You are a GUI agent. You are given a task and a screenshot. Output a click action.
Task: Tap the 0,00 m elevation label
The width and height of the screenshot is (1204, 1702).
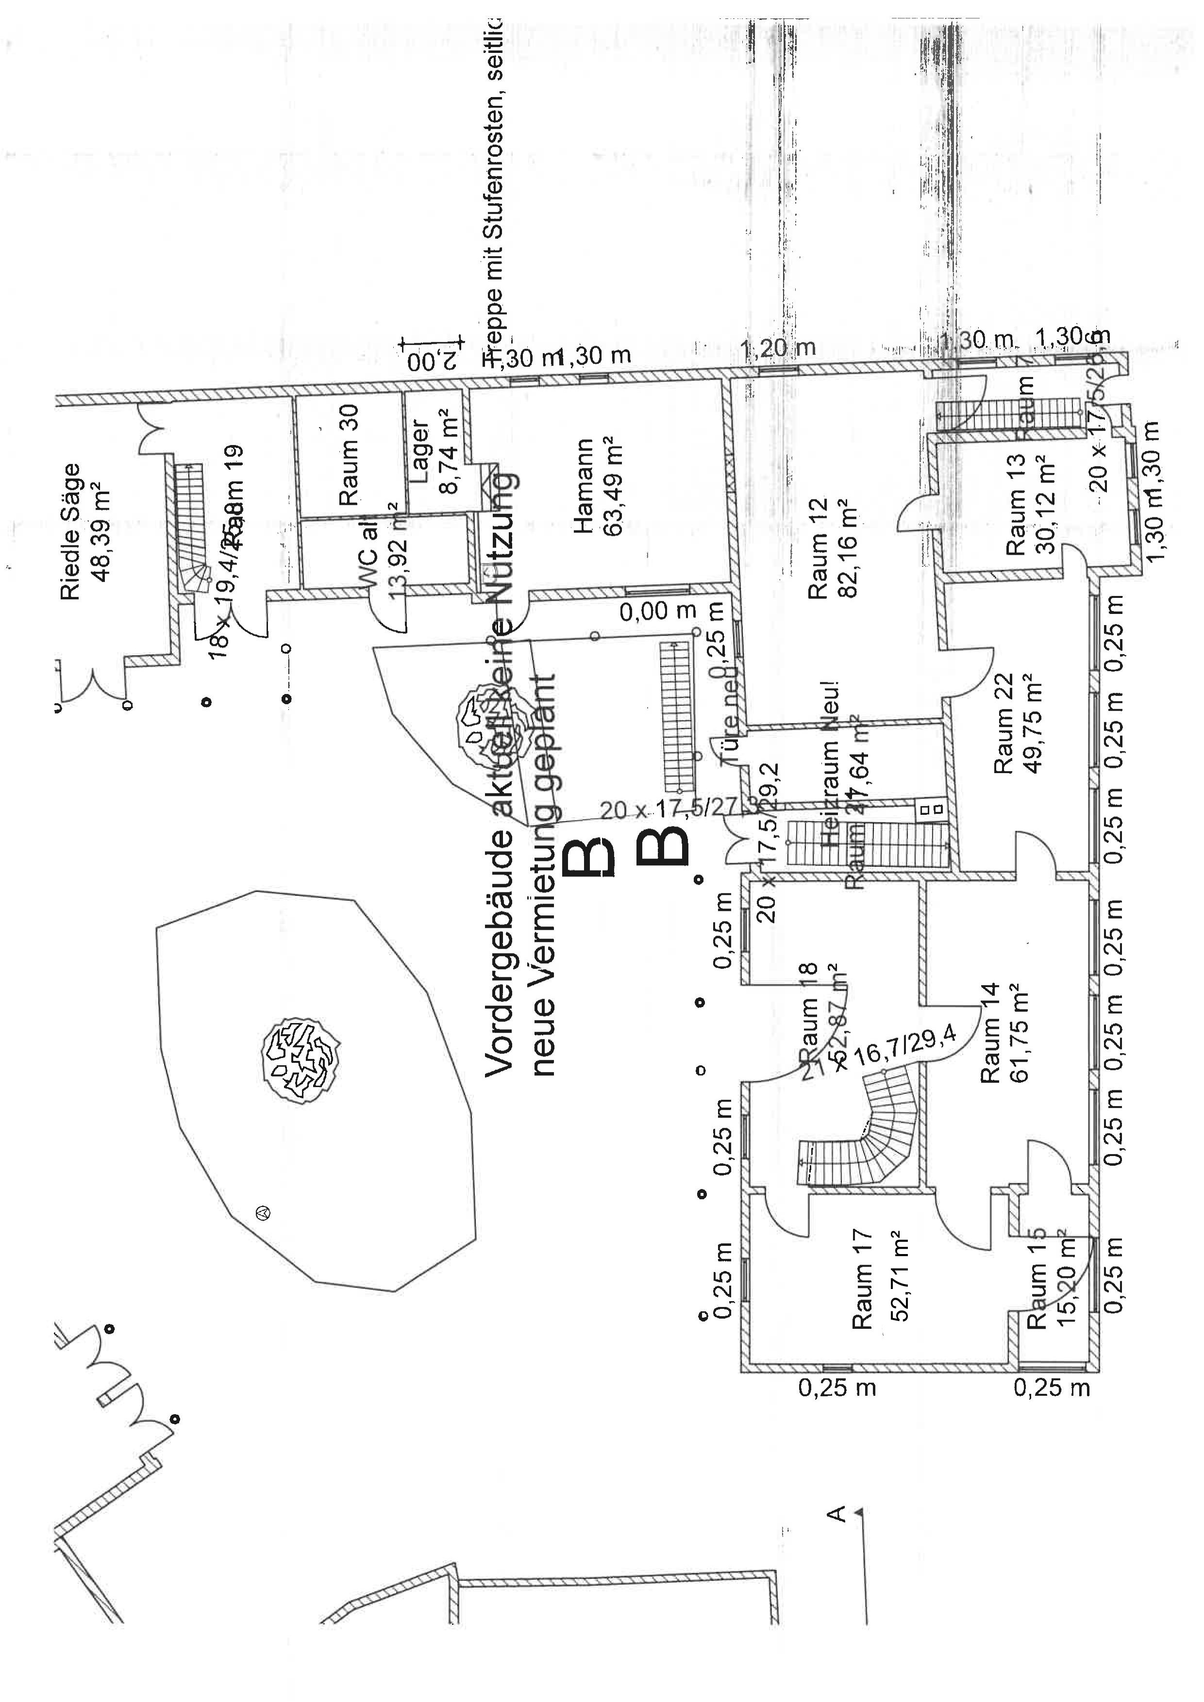[658, 611]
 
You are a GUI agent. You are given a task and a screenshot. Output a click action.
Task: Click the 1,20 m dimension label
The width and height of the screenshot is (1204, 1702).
[778, 347]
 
